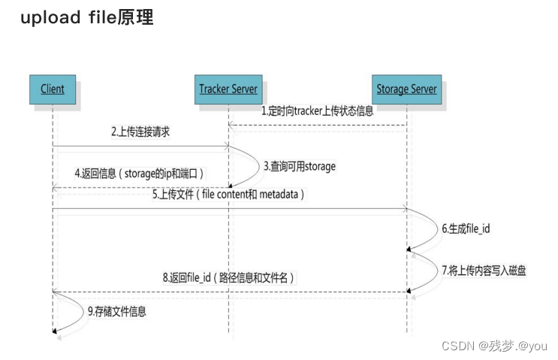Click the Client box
tap(52, 89)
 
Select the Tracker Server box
tap(228, 89)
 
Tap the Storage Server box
tap(406, 89)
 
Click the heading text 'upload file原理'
tap(86, 18)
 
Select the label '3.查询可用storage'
tap(299, 165)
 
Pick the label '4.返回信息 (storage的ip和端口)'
tap(140, 174)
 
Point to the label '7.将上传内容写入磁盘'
tap(484, 268)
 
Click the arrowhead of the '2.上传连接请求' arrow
tap(225, 147)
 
